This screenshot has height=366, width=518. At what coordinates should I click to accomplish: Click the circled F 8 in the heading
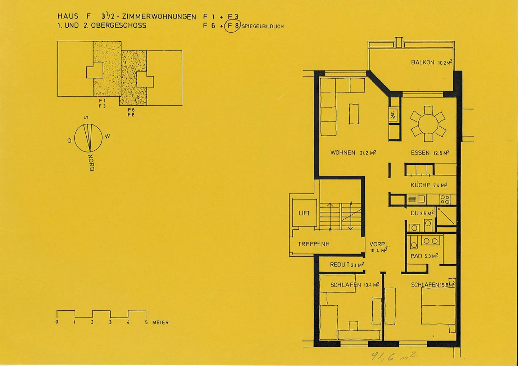click(x=233, y=26)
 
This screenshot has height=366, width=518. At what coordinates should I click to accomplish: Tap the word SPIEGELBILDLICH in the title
click(x=263, y=26)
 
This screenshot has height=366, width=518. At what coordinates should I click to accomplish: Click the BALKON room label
click(x=422, y=63)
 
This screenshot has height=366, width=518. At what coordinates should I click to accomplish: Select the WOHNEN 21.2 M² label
click(x=353, y=152)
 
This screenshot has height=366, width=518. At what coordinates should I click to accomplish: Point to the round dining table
click(x=428, y=124)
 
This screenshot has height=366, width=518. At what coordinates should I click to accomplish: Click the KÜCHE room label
click(x=421, y=185)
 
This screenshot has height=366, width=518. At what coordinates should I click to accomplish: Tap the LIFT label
click(x=304, y=213)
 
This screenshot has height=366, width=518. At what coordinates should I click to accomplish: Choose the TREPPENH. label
click(x=315, y=244)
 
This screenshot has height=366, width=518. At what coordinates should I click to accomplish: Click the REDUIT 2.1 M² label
click(x=347, y=265)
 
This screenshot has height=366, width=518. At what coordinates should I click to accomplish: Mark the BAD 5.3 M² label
click(x=424, y=256)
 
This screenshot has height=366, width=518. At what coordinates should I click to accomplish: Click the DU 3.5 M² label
click(x=422, y=213)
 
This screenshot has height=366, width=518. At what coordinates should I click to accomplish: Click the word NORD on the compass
click(x=91, y=163)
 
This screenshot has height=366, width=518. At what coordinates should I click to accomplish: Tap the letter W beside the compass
click(x=107, y=136)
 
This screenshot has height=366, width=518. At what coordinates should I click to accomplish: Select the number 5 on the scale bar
click(x=146, y=322)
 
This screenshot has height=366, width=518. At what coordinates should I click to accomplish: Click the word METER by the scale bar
click(x=160, y=322)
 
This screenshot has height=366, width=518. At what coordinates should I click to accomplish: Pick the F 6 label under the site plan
click(x=131, y=110)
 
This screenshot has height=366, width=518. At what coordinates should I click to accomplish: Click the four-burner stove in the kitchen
click(x=445, y=200)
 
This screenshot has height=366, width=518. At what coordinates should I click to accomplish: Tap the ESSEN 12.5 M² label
click(x=430, y=152)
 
